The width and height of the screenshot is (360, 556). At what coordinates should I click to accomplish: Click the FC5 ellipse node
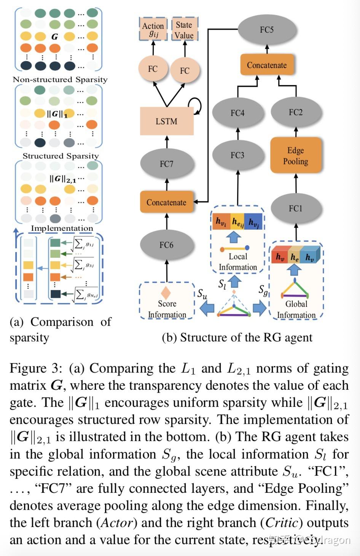point(267,30)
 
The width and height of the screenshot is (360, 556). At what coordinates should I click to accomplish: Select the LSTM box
point(167,121)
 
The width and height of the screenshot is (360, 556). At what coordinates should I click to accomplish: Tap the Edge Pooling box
point(296,156)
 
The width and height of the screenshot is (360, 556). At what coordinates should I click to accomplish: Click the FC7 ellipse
point(167,164)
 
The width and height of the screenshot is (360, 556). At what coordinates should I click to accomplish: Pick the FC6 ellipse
point(167,245)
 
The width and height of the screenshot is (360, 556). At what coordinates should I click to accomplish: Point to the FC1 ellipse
point(296,208)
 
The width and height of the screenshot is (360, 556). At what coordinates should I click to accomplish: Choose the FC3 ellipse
point(237,155)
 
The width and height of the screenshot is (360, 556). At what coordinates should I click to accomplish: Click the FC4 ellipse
point(237,113)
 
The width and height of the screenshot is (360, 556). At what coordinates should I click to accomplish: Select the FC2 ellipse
point(296,112)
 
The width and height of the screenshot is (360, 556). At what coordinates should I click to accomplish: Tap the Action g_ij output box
point(153,29)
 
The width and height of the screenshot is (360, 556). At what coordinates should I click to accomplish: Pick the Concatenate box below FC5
point(267,65)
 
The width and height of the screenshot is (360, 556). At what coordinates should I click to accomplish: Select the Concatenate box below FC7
point(167,202)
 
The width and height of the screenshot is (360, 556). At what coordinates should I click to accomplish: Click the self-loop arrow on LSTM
point(196,105)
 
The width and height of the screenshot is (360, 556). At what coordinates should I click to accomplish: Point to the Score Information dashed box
point(167,301)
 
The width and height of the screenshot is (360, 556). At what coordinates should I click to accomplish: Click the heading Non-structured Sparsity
point(60,79)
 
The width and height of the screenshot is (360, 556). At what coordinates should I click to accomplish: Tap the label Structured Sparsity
point(61,156)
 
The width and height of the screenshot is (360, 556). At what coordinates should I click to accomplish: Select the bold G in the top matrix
point(55,37)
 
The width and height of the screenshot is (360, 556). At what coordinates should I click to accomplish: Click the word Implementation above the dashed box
point(62,228)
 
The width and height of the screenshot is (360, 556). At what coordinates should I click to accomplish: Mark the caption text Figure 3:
point(35,368)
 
